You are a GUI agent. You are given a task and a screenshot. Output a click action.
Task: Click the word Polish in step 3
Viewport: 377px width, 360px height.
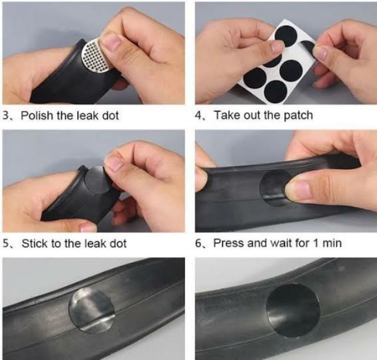point(37,115)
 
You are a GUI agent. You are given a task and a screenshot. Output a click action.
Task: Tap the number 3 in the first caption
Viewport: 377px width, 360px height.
point(6,115)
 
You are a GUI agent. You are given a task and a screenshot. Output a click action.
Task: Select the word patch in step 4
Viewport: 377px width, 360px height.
point(299,115)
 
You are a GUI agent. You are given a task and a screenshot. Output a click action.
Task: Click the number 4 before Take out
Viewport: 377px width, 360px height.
point(199,115)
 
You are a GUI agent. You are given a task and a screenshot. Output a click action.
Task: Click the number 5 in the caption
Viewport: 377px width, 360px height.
point(6,243)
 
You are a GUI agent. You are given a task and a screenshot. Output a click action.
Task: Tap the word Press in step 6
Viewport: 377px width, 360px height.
point(229,243)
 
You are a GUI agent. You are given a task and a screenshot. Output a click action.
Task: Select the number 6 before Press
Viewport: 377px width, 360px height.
point(199,243)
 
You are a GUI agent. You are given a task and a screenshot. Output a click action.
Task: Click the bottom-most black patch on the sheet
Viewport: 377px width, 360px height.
point(276,92)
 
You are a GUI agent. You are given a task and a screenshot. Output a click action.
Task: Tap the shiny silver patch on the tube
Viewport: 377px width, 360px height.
point(91,311)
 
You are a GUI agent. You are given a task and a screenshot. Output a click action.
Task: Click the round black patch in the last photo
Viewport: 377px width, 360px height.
point(293,310)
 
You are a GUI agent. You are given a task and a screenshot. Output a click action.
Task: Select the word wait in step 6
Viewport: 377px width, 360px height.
point(282,243)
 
